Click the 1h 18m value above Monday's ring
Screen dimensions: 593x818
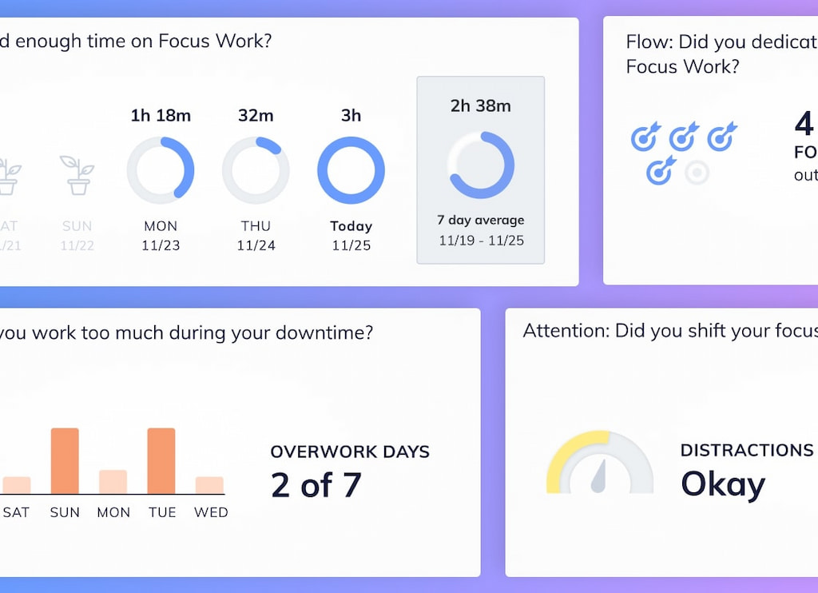161,116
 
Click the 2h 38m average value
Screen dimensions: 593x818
480,105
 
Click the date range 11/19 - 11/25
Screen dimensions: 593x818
480,240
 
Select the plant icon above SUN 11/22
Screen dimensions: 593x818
77,175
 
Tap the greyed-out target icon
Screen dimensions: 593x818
697,172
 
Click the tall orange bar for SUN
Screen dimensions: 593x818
65,461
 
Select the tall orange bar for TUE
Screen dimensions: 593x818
161,461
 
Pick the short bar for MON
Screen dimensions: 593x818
113,482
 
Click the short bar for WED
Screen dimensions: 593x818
209,485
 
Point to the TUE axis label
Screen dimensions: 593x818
161,512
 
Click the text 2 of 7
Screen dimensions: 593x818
316,485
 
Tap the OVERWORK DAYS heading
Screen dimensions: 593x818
350,452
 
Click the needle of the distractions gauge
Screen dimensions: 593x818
599,476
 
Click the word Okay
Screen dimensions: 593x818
722,484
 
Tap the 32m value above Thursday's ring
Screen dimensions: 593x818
256,116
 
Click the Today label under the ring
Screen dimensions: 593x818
351,226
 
